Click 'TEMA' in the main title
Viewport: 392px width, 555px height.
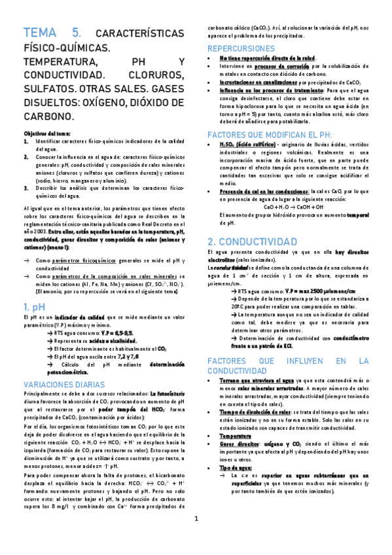click(41, 33)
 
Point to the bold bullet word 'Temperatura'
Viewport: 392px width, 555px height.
click(238, 435)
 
